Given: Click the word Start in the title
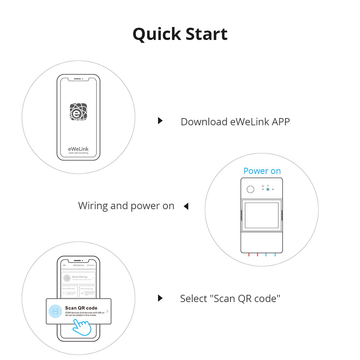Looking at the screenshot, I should (206, 34).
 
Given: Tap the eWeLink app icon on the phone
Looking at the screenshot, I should (78, 112).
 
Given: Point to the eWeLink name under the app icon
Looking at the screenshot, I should (78, 149).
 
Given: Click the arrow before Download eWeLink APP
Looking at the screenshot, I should (160, 121).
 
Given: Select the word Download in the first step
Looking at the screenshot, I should (204, 122).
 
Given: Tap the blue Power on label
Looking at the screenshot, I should (262, 171).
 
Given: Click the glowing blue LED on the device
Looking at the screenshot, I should (268, 189).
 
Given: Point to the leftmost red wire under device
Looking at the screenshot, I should (249, 255).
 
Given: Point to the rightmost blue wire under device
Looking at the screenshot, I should (275, 255).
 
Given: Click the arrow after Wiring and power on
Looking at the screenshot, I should (186, 206).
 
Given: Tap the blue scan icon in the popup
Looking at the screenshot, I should (55, 311).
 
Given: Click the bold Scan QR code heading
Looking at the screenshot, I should (81, 308).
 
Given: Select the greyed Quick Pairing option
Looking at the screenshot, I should (78, 278).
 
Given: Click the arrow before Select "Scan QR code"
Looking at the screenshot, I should (160, 298).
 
